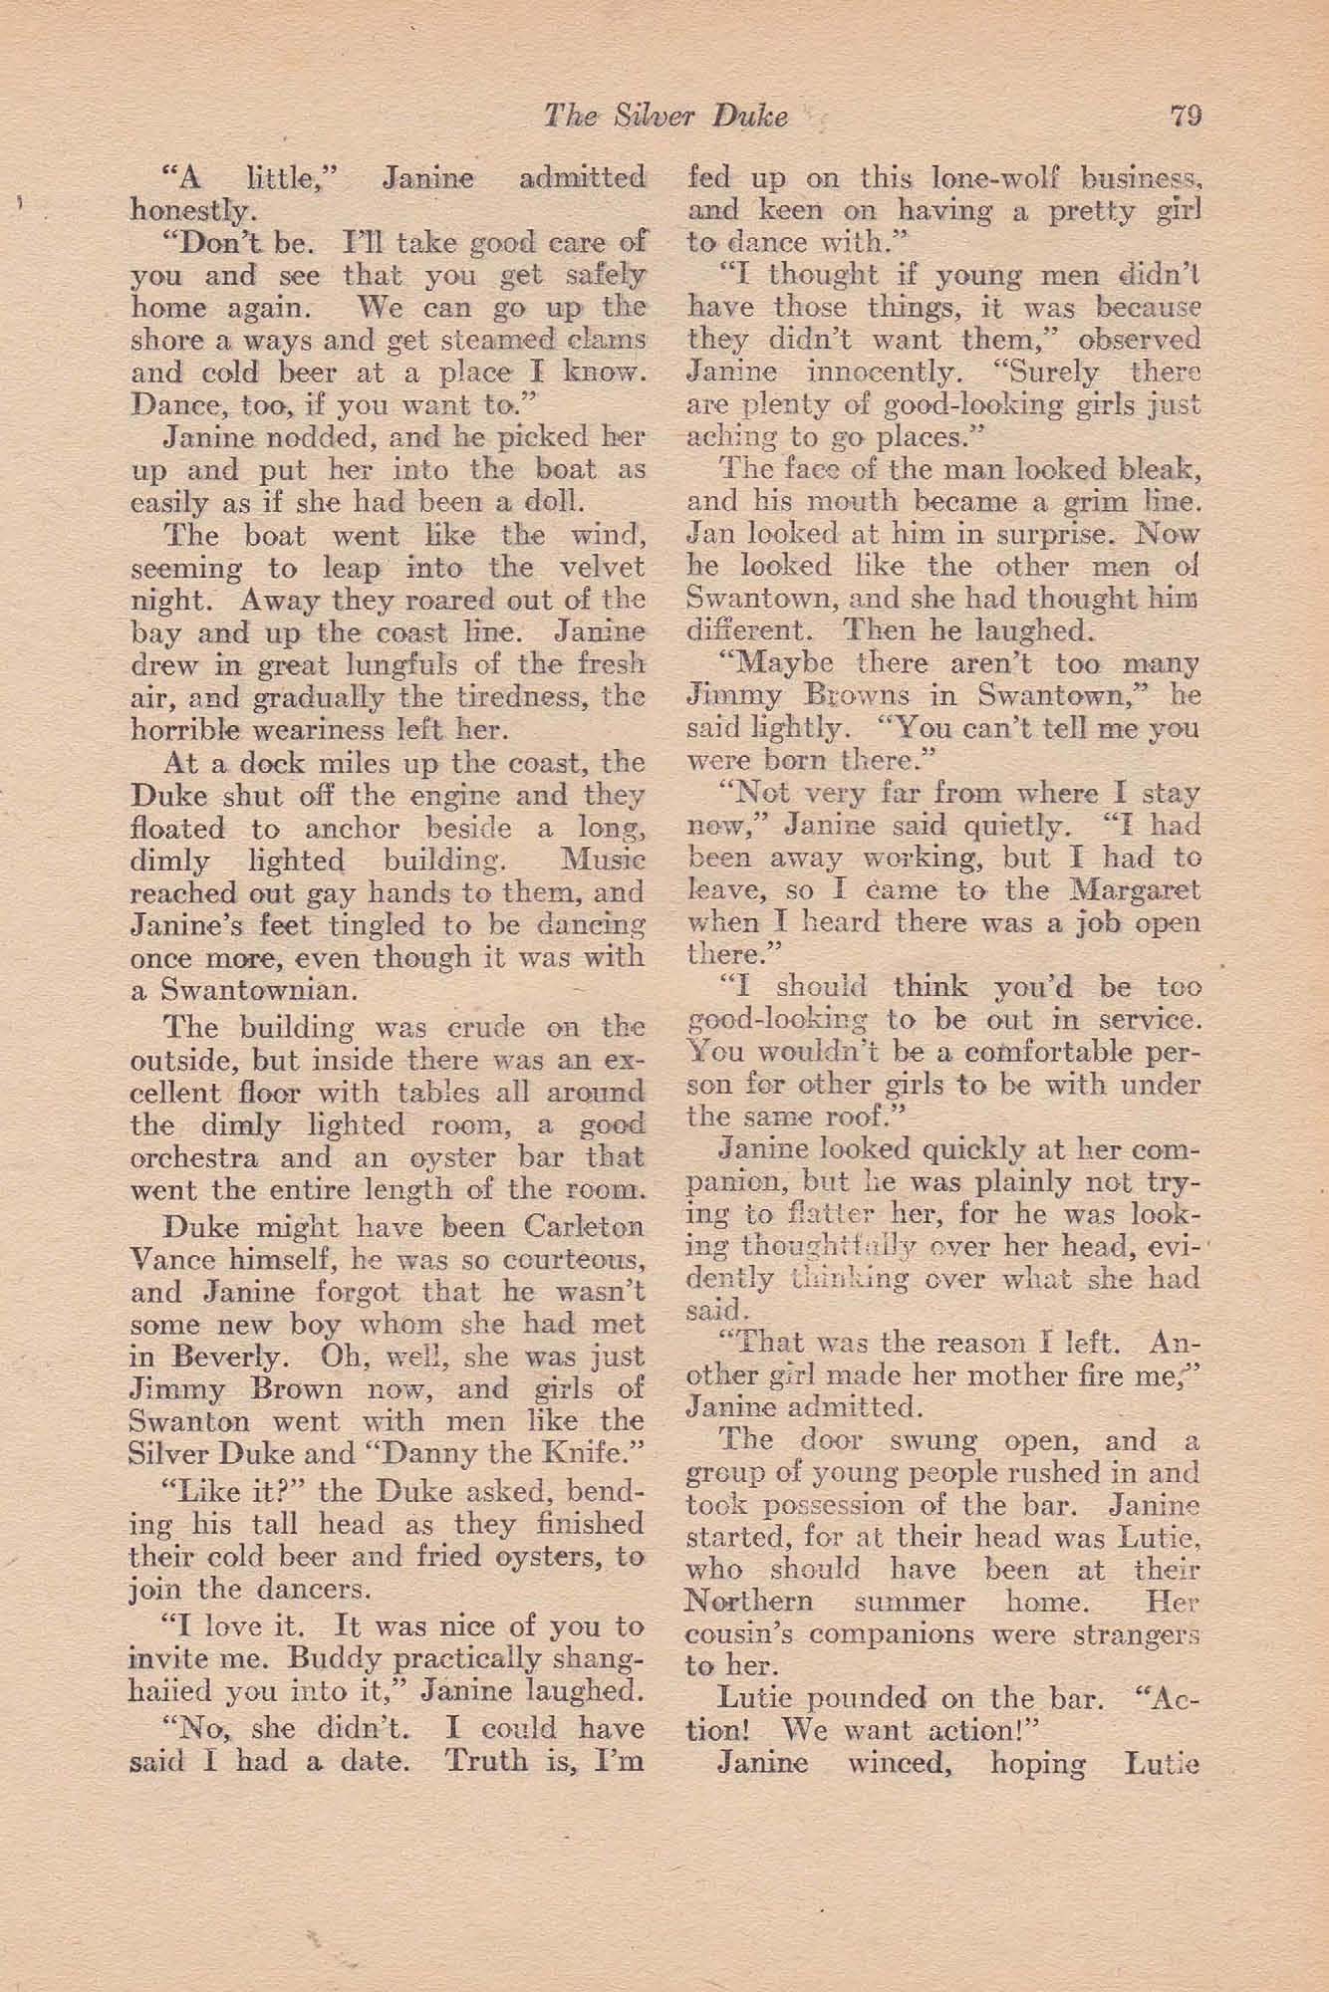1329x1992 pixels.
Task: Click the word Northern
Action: click(750, 1601)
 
